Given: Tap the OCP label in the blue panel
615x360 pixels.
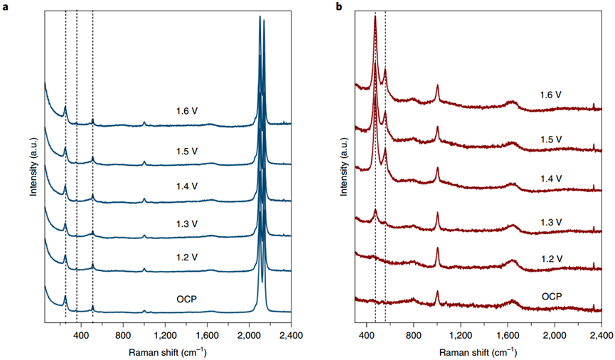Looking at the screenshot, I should tap(188, 297).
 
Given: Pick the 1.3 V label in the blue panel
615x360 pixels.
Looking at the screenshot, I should tap(187, 223).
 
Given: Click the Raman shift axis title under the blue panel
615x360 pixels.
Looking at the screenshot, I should tap(168, 351).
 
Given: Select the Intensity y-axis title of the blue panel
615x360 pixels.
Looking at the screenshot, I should tap(33, 170).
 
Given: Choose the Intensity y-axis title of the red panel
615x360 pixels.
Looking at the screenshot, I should tap(344, 170).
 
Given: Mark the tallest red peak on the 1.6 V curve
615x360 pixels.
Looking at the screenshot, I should tap(375, 17).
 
